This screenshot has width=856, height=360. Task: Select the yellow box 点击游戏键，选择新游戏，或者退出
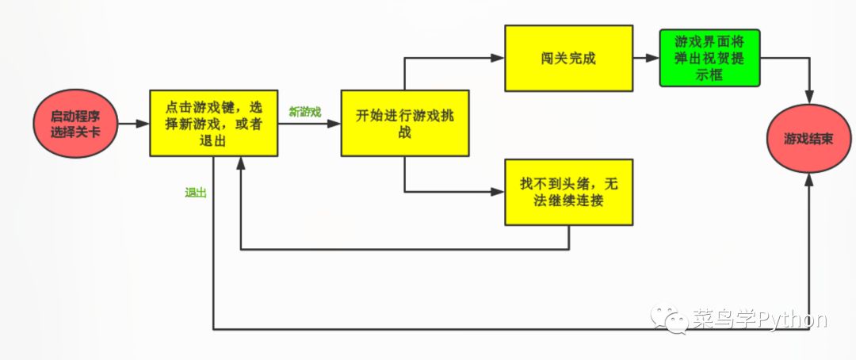click(x=214, y=123)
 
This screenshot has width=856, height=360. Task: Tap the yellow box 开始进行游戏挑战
click(x=404, y=123)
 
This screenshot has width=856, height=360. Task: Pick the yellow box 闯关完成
click(x=569, y=59)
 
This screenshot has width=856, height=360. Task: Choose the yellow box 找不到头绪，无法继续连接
click(x=569, y=192)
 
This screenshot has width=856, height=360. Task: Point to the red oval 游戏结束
click(x=808, y=138)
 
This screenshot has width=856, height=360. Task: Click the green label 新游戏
click(x=304, y=112)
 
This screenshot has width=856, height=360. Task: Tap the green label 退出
click(x=195, y=191)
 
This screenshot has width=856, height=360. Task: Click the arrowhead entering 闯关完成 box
click(x=499, y=59)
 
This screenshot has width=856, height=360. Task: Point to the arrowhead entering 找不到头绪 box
click(x=499, y=192)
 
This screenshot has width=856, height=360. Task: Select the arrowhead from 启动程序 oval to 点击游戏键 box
click(x=143, y=124)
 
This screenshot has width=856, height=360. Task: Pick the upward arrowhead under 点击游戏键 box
click(x=240, y=163)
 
